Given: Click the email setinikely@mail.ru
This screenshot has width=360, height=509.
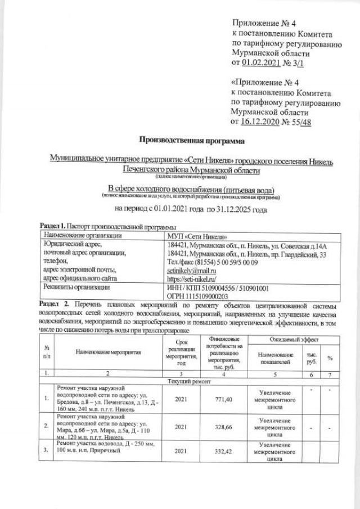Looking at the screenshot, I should click(192, 271).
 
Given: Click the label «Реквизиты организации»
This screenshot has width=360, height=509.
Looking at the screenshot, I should click(76, 287).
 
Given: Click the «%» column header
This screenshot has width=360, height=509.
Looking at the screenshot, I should click(330, 357).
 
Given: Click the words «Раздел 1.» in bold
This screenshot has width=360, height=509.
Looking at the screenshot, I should click(51, 226).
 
